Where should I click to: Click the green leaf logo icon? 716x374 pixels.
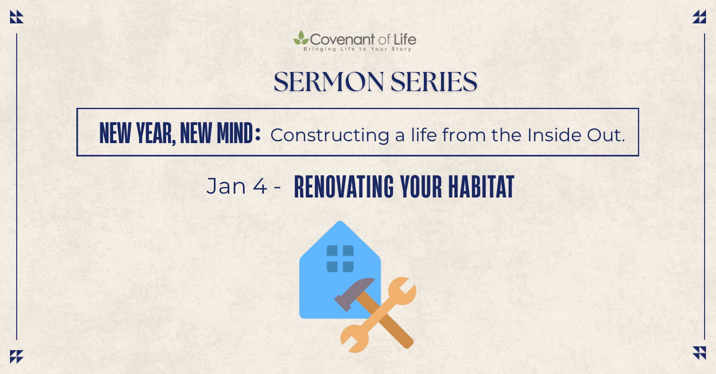click(x=301, y=38)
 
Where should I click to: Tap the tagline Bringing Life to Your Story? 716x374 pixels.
click(x=358, y=49)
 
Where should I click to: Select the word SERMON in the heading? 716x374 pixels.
click(x=329, y=82)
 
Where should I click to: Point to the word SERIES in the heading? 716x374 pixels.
click(x=434, y=82)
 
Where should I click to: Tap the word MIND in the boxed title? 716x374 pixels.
click(x=235, y=133)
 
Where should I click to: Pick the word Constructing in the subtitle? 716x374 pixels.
click(x=329, y=135)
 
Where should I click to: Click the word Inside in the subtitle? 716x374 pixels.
click(x=554, y=135)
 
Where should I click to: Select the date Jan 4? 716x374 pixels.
click(x=237, y=186)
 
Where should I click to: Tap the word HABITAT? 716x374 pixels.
click(x=481, y=187)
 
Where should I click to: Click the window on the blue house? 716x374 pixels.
click(x=340, y=259)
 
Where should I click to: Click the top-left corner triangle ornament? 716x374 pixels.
click(x=17, y=17)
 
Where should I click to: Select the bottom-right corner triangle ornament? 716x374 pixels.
click(x=699, y=353)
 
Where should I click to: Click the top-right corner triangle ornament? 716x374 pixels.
click(x=699, y=17)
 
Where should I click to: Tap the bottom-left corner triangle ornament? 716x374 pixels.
click(x=17, y=357)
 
